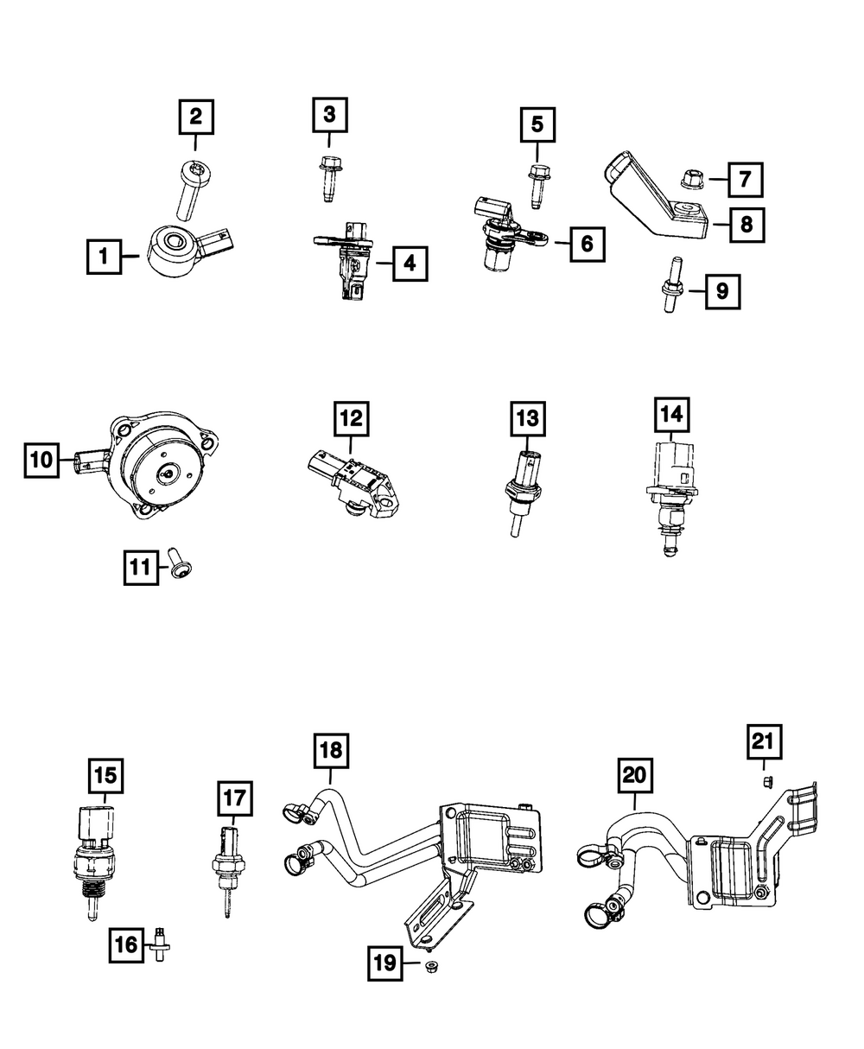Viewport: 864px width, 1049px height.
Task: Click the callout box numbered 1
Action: pyautogui.click(x=104, y=257)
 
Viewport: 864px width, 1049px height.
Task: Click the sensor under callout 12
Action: pyautogui.click(x=354, y=484)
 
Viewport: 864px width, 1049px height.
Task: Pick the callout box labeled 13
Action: pyautogui.click(x=527, y=420)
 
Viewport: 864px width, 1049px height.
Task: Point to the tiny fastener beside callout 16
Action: pyautogui.click(x=159, y=944)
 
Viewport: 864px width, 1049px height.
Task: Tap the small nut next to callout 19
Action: pyautogui.click(x=429, y=964)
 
